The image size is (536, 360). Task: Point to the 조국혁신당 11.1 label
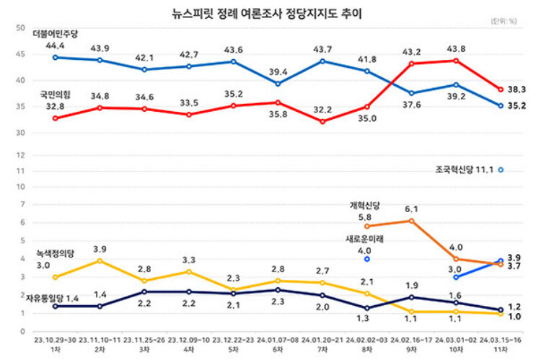tap(463, 170)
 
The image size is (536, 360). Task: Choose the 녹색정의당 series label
tap(55, 254)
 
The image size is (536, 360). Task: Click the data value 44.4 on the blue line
tap(55, 45)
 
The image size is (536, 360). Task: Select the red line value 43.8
tap(456, 48)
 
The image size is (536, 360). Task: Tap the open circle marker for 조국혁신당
tap(500, 170)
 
